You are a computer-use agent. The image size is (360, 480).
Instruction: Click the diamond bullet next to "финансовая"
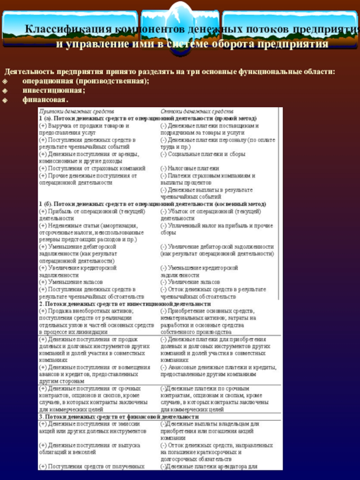[5, 99]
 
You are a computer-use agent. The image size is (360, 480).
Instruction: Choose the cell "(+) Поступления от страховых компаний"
[92, 168]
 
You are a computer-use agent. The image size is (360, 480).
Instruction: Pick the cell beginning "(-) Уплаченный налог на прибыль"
[216, 229]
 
